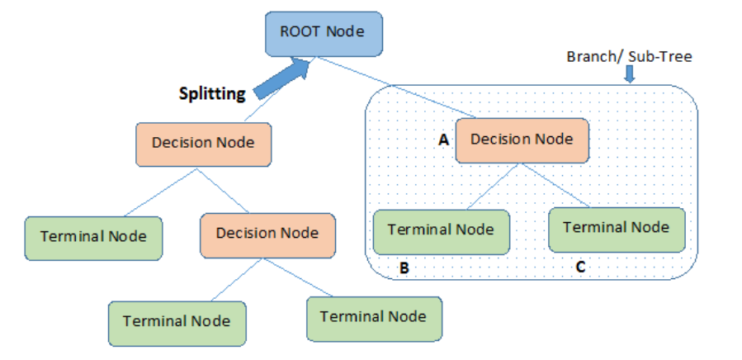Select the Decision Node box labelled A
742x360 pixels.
tap(521, 140)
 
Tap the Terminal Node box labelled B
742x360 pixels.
tap(441, 230)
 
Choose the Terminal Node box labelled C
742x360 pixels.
tap(616, 227)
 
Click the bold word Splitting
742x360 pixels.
tap(212, 93)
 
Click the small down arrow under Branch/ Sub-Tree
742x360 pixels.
tap(629, 75)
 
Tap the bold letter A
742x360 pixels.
tap(443, 140)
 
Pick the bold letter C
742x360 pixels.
tap(580, 268)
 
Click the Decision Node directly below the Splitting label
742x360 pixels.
tap(202, 143)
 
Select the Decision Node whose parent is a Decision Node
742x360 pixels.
tap(267, 233)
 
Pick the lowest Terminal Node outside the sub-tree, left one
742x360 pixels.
tap(176, 320)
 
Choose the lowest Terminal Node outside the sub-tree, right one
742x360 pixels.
tap(373, 316)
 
